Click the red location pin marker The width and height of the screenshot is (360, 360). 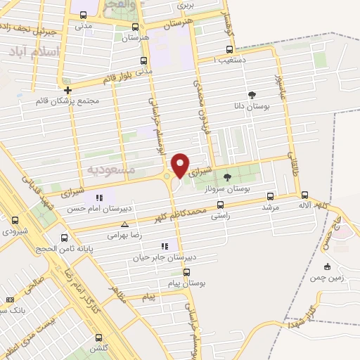tap(181, 165)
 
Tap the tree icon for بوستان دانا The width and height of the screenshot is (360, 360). tap(252, 95)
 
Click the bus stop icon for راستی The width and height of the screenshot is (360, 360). tap(221, 205)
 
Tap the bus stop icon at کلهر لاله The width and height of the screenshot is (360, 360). tap(304, 195)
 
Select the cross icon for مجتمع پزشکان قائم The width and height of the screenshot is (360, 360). tap(67, 90)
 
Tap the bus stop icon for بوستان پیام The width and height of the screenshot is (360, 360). tap(186, 271)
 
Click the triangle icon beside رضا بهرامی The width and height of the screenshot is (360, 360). tap(124, 225)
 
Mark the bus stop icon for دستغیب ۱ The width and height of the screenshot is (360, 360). tap(229, 49)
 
